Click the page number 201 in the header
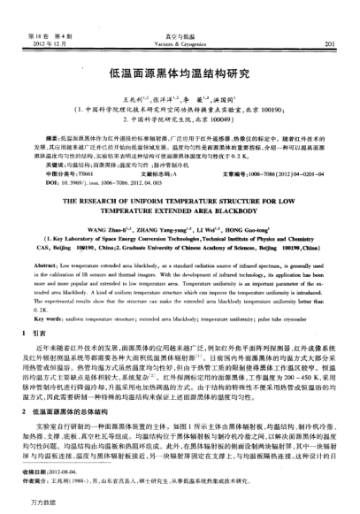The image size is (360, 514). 328,41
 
